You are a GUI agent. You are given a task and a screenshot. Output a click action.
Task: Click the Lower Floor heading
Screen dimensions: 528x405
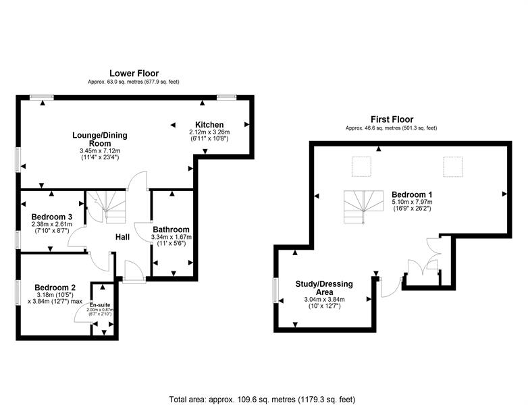click(134, 73)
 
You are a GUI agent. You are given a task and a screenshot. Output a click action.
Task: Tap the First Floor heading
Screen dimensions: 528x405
click(392, 119)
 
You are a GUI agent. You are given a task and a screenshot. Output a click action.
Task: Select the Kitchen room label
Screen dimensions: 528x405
click(209, 125)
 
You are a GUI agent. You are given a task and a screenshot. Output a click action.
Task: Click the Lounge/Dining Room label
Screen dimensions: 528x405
click(100, 139)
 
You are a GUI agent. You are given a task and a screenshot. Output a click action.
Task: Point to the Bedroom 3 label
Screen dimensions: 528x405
click(52, 217)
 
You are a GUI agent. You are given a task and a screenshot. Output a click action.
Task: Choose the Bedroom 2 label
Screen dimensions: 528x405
click(55, 288)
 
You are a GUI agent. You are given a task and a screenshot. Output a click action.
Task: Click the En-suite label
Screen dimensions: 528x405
click(100, 305)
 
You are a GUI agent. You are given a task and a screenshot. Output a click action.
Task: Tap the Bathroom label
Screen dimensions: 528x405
click(171, 230)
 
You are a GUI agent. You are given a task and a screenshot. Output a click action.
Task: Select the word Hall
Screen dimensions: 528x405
click(123, 237)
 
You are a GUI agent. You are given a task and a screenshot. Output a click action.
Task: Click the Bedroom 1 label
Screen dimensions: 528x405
click(412, 194)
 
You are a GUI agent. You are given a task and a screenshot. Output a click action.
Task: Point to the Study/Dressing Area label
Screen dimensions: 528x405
click(324, 288)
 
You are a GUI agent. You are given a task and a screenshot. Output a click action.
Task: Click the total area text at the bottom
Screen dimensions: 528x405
click(262, 400)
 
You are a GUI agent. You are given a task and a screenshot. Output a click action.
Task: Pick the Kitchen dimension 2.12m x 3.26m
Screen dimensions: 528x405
click(209, 132)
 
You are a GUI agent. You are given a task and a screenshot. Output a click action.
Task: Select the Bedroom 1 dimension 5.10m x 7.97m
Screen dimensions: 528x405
click(412, 202)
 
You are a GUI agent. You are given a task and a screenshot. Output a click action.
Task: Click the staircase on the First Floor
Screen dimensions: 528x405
click(364, 207)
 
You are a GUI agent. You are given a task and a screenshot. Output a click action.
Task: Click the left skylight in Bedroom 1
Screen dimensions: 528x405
click(362, 167)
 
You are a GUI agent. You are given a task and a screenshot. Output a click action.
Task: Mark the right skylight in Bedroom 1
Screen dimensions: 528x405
click(452, 167)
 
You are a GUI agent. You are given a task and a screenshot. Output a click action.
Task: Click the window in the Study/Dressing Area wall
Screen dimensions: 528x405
click(275, 290)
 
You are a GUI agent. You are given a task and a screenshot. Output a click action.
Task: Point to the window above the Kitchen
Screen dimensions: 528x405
click(226, 97)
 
